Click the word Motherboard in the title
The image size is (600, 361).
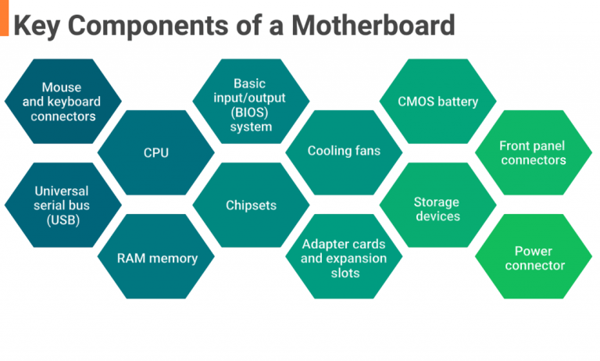click(373, 25)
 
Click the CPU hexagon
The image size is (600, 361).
click(156, 152)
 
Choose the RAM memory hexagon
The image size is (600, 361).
click(156, 257)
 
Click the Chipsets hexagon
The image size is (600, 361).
click(251, 206)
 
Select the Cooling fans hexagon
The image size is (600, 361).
click(344, 151)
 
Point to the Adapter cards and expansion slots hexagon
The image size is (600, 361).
click(344, 258)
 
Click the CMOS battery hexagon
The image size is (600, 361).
click(437, 102)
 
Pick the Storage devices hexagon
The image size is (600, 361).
click(437, 209)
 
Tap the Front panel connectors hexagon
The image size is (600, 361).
click(532, 152)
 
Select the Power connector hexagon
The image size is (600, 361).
click(534, 258)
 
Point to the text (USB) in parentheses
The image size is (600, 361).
click(62, 220)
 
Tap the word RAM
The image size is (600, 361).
click(131, 257)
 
